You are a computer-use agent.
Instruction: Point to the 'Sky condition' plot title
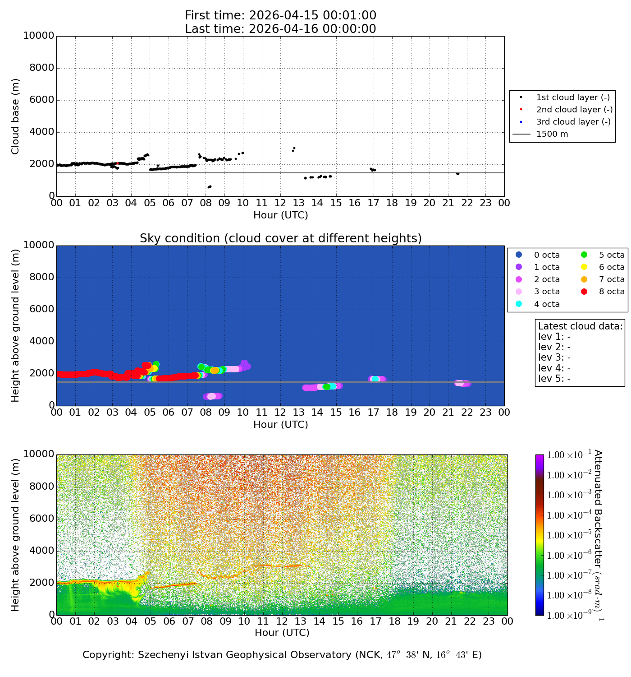(x=280, y=238)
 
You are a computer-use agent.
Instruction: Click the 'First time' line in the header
(x=280, y=15)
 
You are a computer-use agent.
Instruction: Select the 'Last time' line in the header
(x=280, y=29)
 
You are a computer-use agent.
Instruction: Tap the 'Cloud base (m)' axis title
(x=16, y=116)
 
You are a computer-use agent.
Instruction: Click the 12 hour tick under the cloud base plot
(x=280, y=203)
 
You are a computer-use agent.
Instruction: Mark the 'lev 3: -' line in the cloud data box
(x=554, y=357)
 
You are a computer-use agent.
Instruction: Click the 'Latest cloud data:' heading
(x=580, y=326)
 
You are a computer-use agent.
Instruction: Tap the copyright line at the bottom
(x=282, y=655)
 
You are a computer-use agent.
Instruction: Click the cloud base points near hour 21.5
(x=457, y=174)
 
